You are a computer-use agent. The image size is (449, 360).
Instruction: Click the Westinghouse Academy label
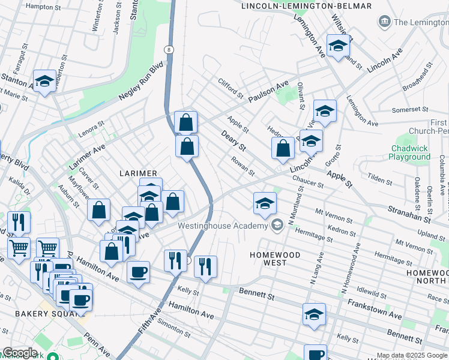point(223,226)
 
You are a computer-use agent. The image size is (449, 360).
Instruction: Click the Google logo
point(20,353)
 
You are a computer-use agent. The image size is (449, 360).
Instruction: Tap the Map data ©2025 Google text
point(412,355)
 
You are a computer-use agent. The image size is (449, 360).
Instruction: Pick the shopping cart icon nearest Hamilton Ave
point(47,247)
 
